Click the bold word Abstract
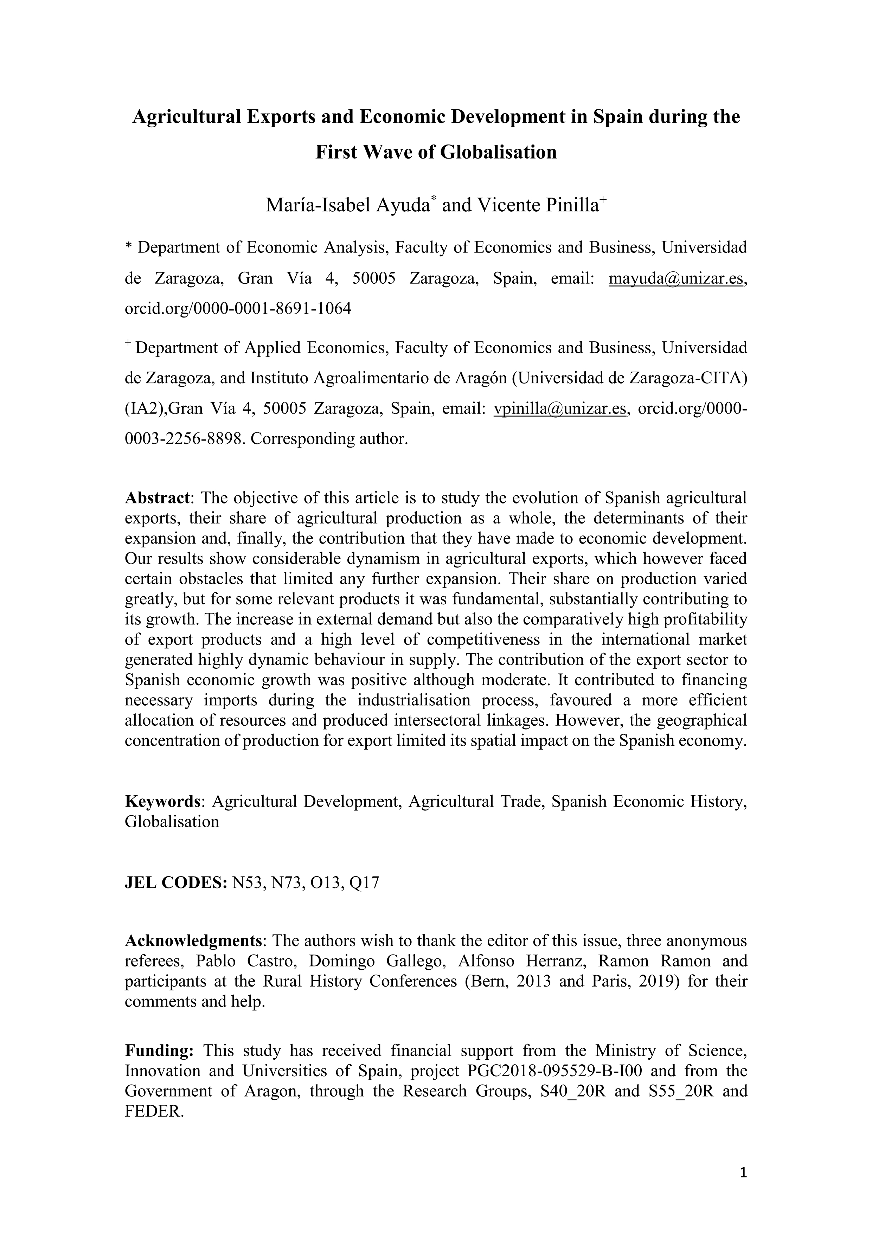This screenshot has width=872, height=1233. tap(157, 498)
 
